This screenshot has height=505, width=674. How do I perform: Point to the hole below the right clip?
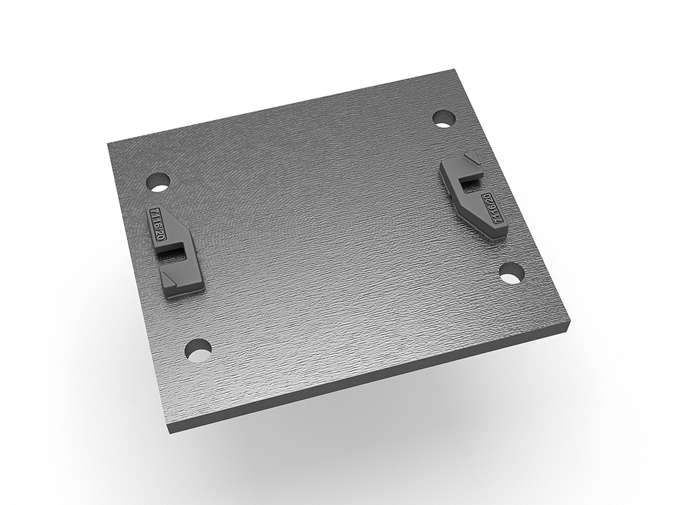click(512, 273)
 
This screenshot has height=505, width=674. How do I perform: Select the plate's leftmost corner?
click(109, 144)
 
